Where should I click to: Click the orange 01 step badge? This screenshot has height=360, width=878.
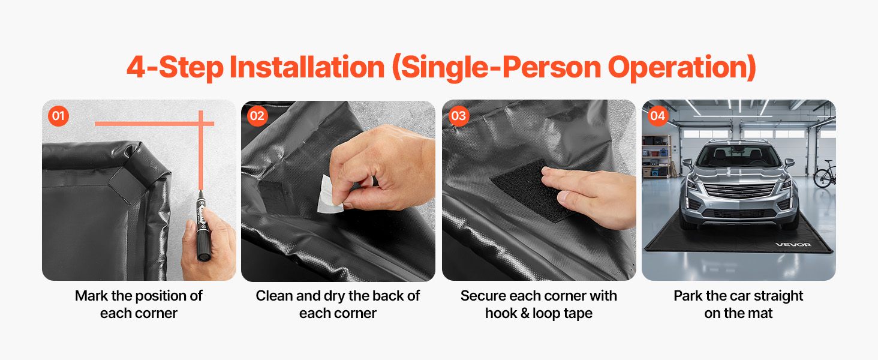click(58, 116)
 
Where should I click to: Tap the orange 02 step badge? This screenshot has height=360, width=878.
click(257, 116)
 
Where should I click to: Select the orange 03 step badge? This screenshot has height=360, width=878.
click(459, 116)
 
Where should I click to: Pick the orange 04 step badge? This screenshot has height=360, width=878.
click(657, 116)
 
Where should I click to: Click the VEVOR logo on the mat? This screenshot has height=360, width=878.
click(793, 245)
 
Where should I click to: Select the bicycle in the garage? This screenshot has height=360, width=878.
click(825, 174)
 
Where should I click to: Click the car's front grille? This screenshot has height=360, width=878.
click(740, 191)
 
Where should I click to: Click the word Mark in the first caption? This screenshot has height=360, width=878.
click(91, 296)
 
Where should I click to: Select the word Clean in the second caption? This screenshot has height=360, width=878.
click(275, 296)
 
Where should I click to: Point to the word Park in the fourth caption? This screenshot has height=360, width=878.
click(688, 296)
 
